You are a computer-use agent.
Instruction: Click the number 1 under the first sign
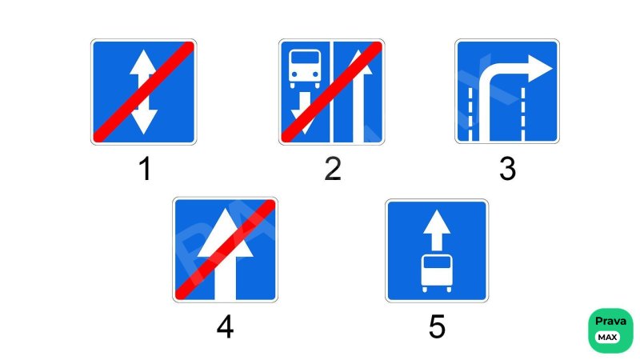(146, 169)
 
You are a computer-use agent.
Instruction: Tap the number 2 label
(333, 169)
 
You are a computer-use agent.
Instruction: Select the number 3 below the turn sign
(507, 169)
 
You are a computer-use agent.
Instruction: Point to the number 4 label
(225, 327)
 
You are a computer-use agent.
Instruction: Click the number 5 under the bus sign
(437, 326)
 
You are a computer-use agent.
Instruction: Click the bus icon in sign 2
(305, 68)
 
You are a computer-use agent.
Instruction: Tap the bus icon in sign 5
(437, 273)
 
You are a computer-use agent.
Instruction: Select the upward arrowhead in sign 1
(143, 62)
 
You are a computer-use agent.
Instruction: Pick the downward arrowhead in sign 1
(143, 122)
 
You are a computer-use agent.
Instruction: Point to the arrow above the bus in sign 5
(437, 230)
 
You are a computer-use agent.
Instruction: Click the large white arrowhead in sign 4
(226, 233)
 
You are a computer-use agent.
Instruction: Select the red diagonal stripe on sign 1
(144, 92)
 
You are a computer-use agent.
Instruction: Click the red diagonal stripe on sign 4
(226, 250)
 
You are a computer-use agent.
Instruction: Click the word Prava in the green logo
(610, 322)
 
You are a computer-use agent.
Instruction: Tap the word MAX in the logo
(607, 337)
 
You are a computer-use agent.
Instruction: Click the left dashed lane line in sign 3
(470, 114)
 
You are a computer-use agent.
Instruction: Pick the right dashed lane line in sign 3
(523, 114)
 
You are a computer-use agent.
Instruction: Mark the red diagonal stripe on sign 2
(332, 92)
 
